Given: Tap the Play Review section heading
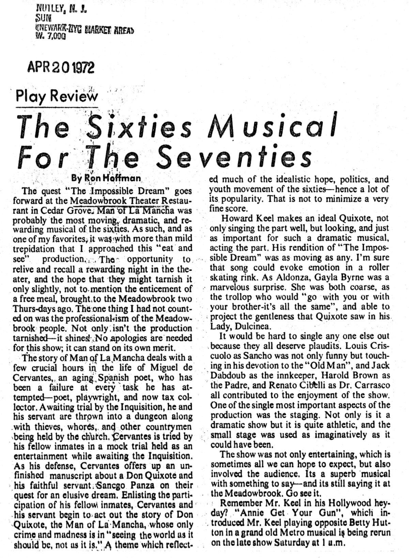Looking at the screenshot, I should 57,96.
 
